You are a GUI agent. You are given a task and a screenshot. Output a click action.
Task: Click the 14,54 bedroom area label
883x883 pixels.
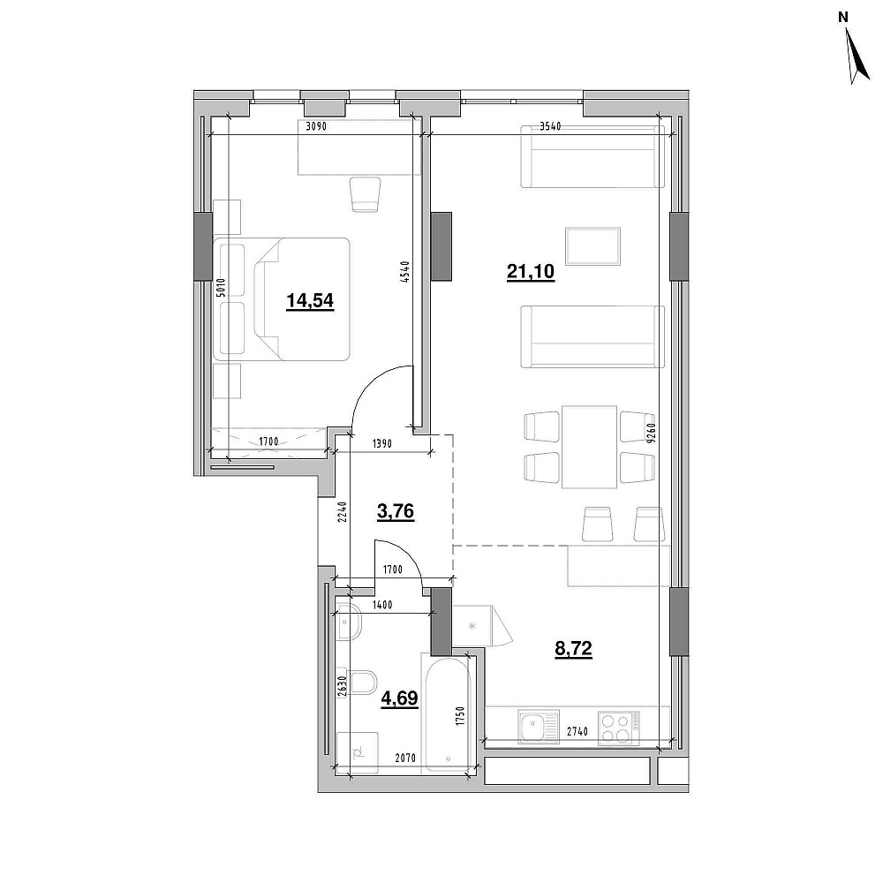click(310, 301)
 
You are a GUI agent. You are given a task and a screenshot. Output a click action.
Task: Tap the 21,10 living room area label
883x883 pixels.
click(531, 272)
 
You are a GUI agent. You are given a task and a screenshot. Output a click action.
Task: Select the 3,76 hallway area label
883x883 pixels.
click(396, 511)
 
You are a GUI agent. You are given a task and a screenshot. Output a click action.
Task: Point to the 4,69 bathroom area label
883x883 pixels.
click(399, 698)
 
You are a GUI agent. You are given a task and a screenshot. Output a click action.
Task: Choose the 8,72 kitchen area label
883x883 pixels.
click(573, 649)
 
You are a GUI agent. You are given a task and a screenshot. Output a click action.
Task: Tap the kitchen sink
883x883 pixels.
click(539, 727)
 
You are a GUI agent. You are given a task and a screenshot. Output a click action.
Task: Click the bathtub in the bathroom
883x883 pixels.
click(449, 714)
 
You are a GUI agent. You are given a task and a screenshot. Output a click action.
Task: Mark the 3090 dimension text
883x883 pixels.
click(316, 126)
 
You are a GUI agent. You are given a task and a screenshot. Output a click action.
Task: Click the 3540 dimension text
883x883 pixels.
click(550, 126)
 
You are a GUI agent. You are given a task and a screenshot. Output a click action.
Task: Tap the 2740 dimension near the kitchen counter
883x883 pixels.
click(577, 731)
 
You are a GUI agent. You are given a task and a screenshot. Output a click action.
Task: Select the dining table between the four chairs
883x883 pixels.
click(590, 447)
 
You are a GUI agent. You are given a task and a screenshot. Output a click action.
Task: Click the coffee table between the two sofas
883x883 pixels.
click(593, 246)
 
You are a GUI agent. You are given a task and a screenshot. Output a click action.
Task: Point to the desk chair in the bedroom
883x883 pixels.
click(365, 194)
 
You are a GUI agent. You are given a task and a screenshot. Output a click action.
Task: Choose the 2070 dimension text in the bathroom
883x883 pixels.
click(405, 758)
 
